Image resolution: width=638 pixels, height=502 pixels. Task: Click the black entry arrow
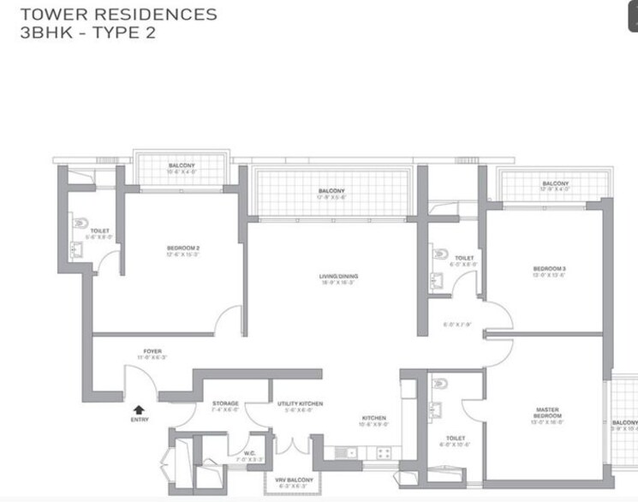[x=139, y=410]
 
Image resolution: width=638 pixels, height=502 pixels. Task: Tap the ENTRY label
[x=139, y=420]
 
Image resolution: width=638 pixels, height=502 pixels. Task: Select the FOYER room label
[x=152, y=351]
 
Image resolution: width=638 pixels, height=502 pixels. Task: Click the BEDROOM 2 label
[x=183, y=248]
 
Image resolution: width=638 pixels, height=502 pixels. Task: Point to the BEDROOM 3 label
[x=549, y=269]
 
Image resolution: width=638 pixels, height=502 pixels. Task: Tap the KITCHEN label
[x=373, y=418]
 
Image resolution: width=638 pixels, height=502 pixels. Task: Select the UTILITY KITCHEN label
[x=299, y=403]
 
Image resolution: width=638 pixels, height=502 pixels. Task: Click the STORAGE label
[x=226, y=403]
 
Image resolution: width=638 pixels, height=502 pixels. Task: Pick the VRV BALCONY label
[x=293, y=479]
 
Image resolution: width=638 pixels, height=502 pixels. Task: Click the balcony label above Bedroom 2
[x=182, y=165]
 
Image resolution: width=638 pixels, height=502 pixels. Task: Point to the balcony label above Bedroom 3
[x=555, y=183]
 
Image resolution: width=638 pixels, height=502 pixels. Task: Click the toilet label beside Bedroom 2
[x=100, y=230]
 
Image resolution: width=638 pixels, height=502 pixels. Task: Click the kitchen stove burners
[x=384, y=452]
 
